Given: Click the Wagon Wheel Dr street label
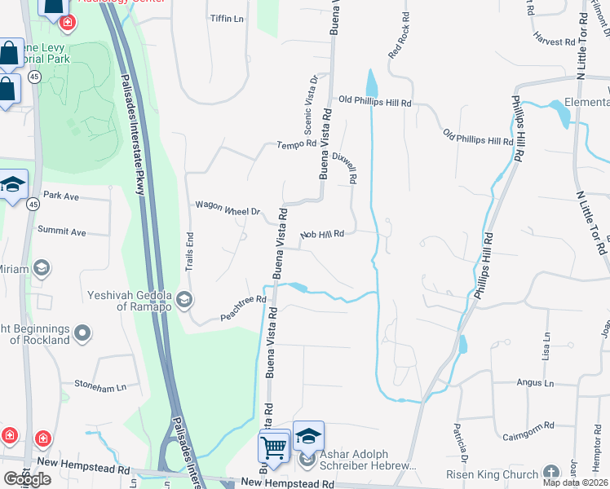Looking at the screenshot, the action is click(227, 209).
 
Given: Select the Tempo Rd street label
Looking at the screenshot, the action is click(296, 144).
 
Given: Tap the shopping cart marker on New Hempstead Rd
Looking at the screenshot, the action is click(274, 446).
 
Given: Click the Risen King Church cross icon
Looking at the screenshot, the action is click(551, 474).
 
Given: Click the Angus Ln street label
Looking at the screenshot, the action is click(535, 382).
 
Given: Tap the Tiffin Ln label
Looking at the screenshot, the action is click(227, 18).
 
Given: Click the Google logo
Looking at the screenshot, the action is click(27, 479).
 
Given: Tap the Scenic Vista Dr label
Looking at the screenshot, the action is click(311, 104).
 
